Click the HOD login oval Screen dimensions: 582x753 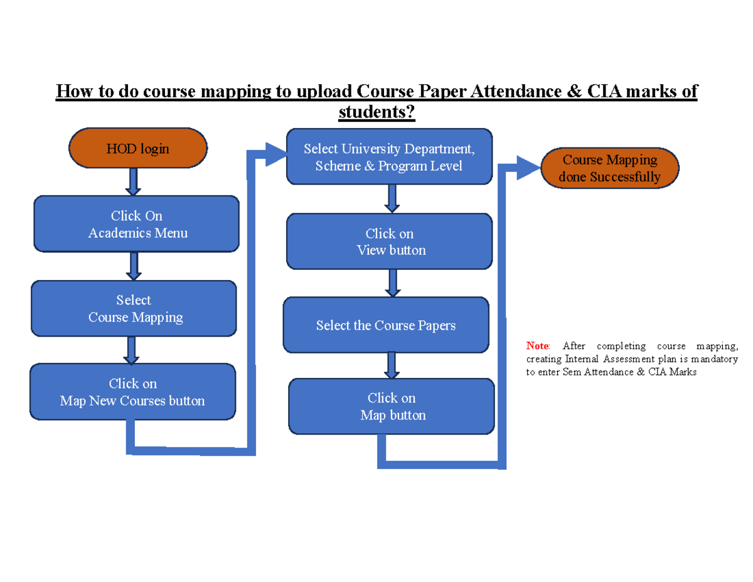pos(137,149)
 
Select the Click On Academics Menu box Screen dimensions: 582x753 pos(136,224)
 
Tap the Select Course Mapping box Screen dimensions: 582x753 pos(134,309)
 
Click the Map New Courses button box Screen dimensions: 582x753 pos(132,392)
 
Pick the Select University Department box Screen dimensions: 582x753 pos(389,157)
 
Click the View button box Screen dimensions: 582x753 pos(389,242)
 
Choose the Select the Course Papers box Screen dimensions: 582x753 pos(385,325)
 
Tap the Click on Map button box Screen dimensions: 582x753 pos(391,406)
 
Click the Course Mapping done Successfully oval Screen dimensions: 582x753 pos(609,168)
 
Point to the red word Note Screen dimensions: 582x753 pos(537,345)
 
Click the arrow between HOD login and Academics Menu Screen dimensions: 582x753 pos(134,182)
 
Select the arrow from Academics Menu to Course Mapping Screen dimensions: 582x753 pos(134,266)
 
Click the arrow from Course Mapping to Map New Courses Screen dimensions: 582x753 pos(131,350)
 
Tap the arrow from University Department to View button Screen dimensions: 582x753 pos(392,199)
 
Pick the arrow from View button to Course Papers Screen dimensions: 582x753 pos(393,283)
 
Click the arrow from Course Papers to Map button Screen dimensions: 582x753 pos(392,365)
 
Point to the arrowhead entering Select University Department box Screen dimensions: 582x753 pos(275,154)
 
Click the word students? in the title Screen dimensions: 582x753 pos(376,112)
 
